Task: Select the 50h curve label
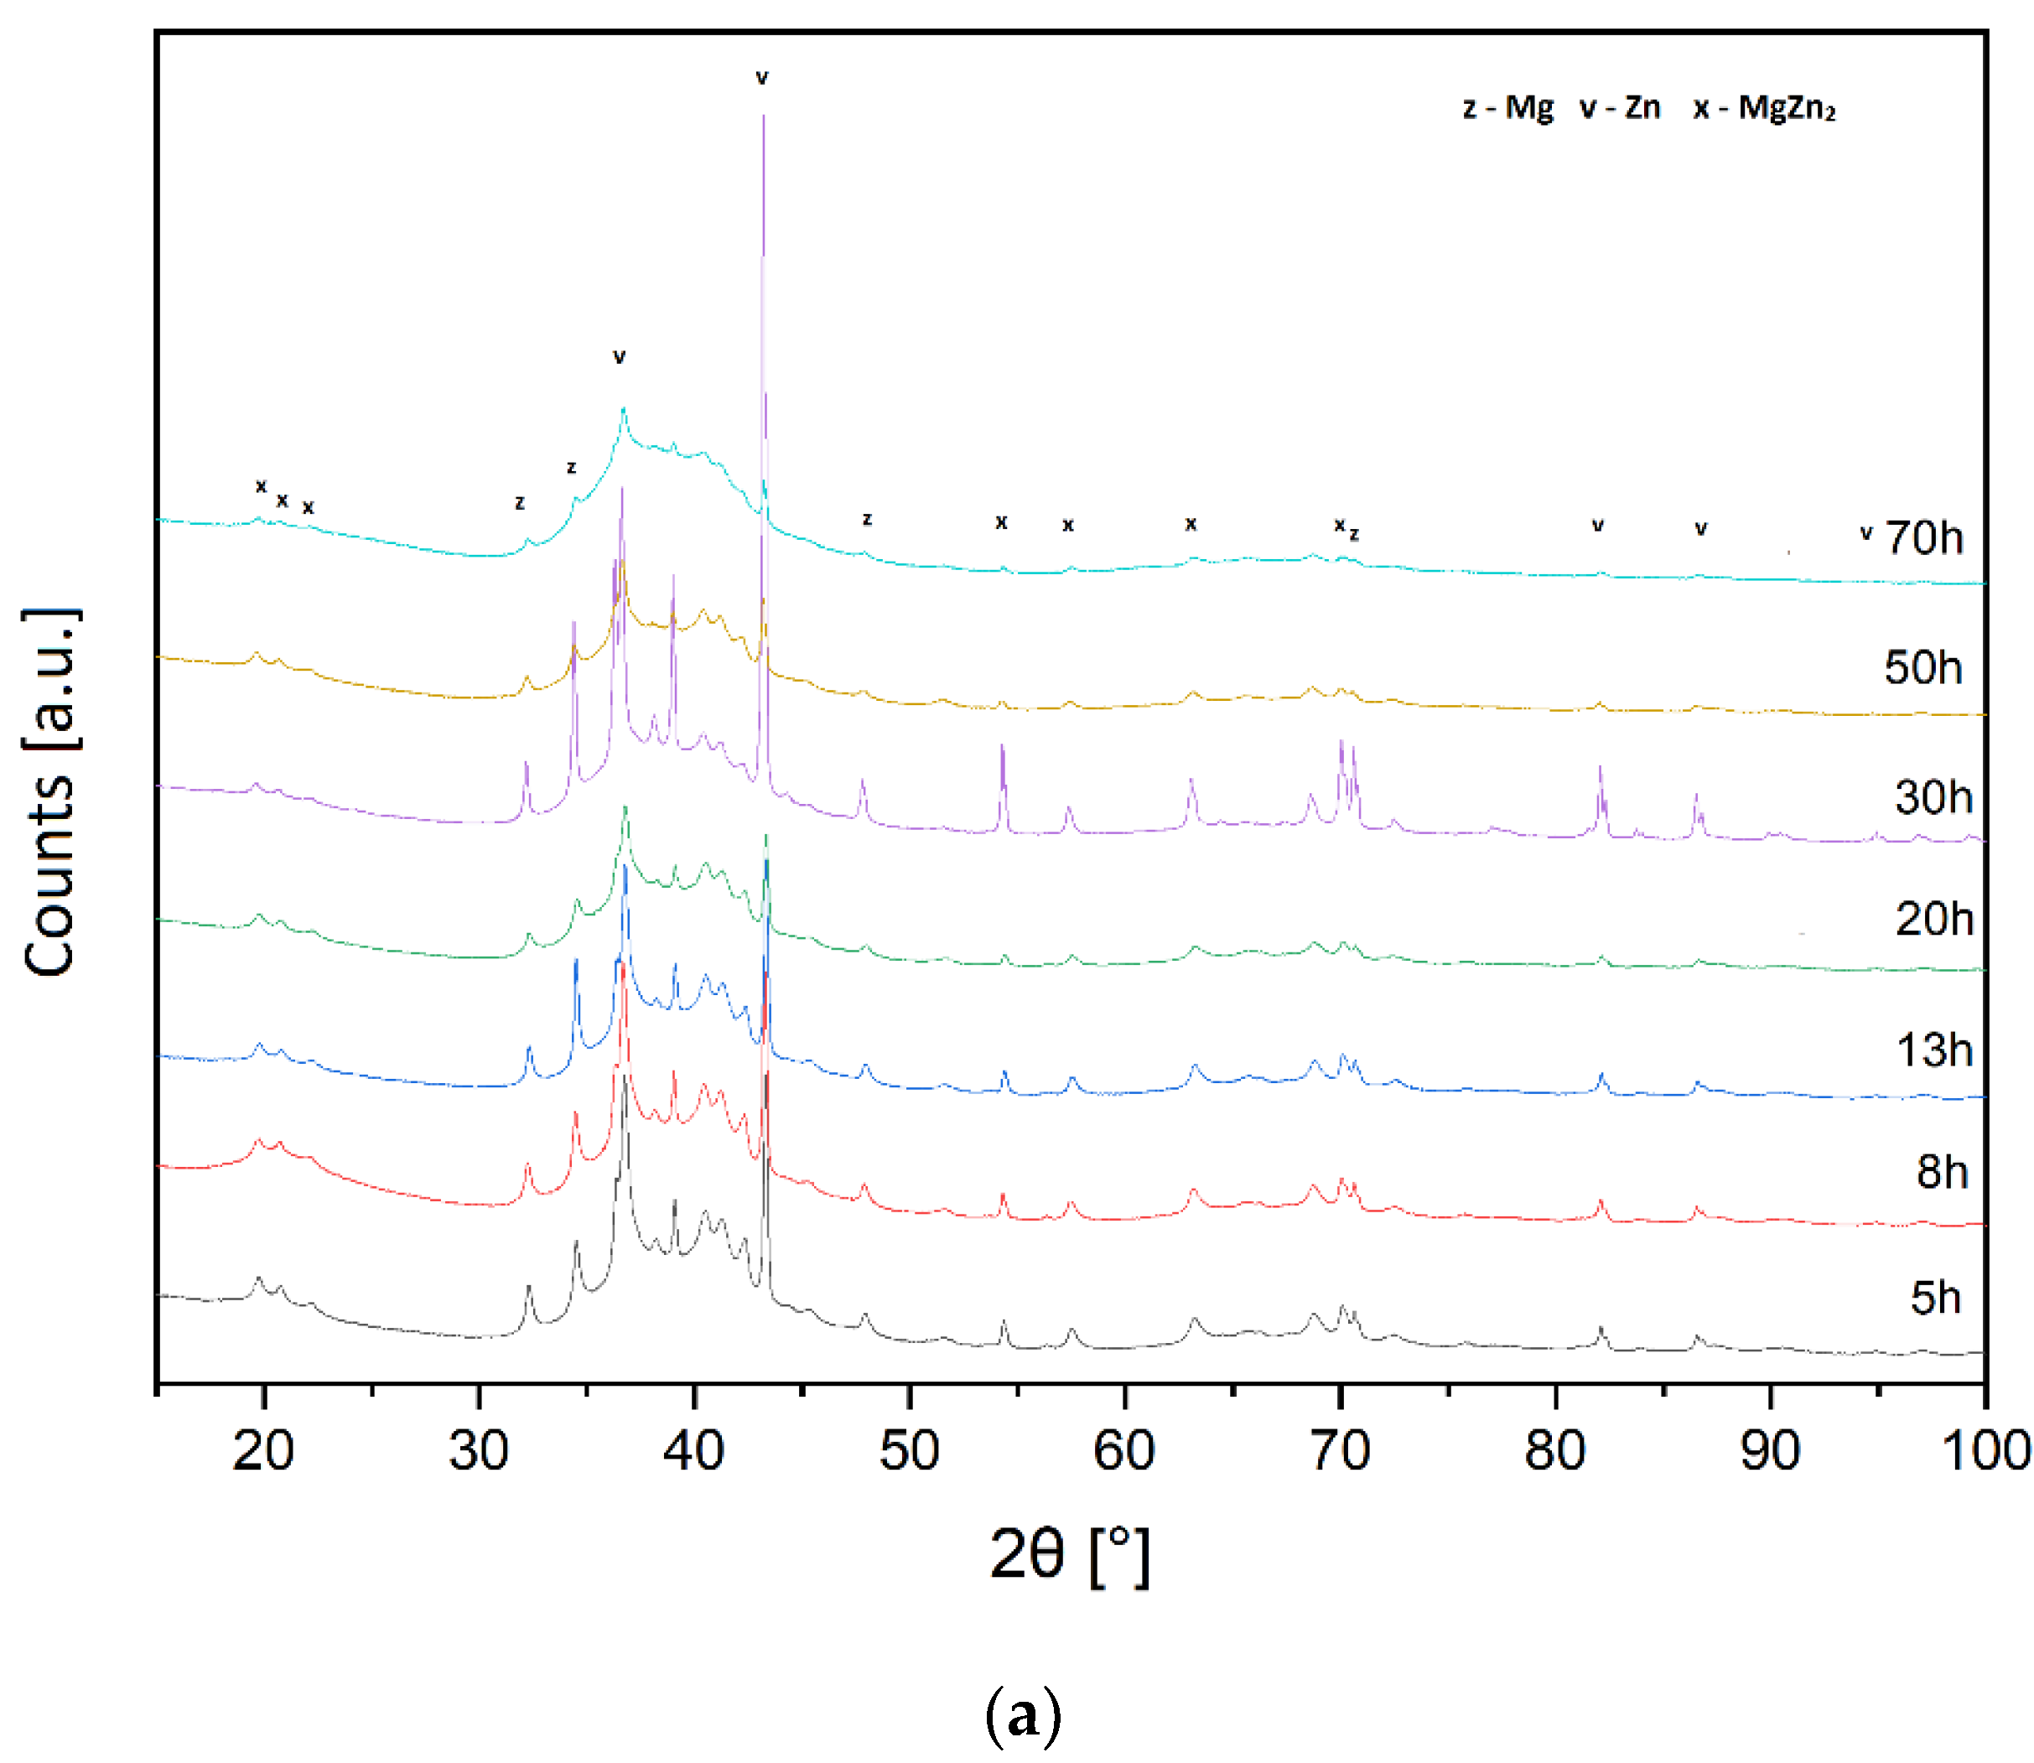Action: pos(1922,668)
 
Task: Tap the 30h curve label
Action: pos(1933,797)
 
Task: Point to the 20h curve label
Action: pos(1933,919)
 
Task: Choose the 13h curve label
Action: pos(1933,1050)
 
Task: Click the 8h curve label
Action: pos(1941,1172)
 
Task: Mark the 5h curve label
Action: pos(1934,1298)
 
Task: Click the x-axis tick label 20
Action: pos(262,1450)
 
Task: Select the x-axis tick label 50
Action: pos(908,1450)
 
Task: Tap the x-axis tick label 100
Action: pos(1985,1450)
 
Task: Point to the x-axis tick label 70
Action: pos(1339,1450)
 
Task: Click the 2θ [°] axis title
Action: pos(1069,1554)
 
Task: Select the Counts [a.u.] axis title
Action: pos(49,792)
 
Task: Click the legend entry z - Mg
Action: pos(1507,107)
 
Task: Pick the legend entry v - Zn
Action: pos(1620,107)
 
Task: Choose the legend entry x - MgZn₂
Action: pos(1763,107)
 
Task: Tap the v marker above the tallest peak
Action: pos(761,78)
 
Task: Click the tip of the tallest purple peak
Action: pos(764,116)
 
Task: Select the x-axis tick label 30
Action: pos(478,1450)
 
